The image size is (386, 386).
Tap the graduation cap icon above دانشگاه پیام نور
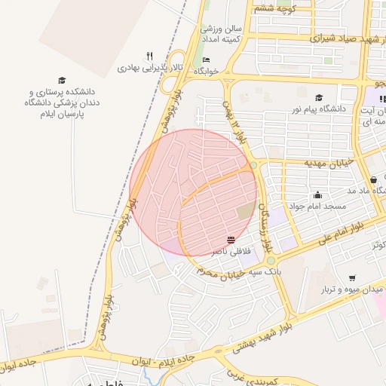tap(319, 97)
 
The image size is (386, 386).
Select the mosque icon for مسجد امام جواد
tap(317, 194)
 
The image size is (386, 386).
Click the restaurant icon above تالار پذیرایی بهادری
tap(149, 56)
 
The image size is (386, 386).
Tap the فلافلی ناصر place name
tap(231, 250)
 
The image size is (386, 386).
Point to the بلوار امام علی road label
tap(350, 225)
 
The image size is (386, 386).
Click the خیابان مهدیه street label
tap(329, 162)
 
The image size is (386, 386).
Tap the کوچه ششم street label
tap(276, 8)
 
